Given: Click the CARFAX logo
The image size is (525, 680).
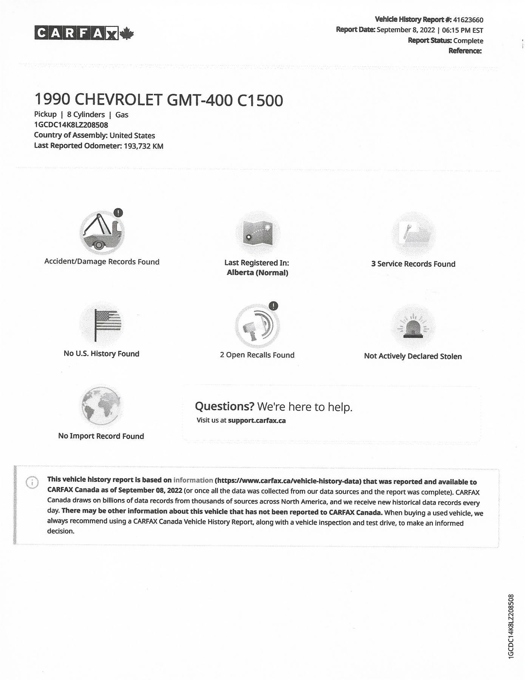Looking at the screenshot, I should [84, 33].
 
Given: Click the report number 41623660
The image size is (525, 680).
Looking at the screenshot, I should [468, 20].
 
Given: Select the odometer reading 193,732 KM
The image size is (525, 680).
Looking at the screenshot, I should [144, 146].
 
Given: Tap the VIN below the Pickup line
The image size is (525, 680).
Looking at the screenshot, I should [71, 125].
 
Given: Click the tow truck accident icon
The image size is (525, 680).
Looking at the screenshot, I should [102, 232].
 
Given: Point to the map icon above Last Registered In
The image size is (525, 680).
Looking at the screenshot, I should [257, 233].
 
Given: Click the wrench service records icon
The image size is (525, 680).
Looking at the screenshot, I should [413, 234].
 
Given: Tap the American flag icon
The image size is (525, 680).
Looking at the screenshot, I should [102, 324].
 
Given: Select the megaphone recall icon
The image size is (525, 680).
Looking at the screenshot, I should [257, 326].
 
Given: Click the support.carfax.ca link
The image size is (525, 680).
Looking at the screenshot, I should [257, 420].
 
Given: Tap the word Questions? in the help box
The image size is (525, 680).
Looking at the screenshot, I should [224, 406].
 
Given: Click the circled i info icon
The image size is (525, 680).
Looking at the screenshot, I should [32, 482].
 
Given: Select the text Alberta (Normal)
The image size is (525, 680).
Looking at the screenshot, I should [257, 273].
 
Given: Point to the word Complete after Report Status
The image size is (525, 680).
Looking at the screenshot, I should [468, 41].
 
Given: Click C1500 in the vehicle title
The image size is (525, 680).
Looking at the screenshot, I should [260, 100].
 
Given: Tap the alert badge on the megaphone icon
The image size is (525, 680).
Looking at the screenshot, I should [274, 306].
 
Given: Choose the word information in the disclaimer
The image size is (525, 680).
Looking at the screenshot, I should [193, 480].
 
